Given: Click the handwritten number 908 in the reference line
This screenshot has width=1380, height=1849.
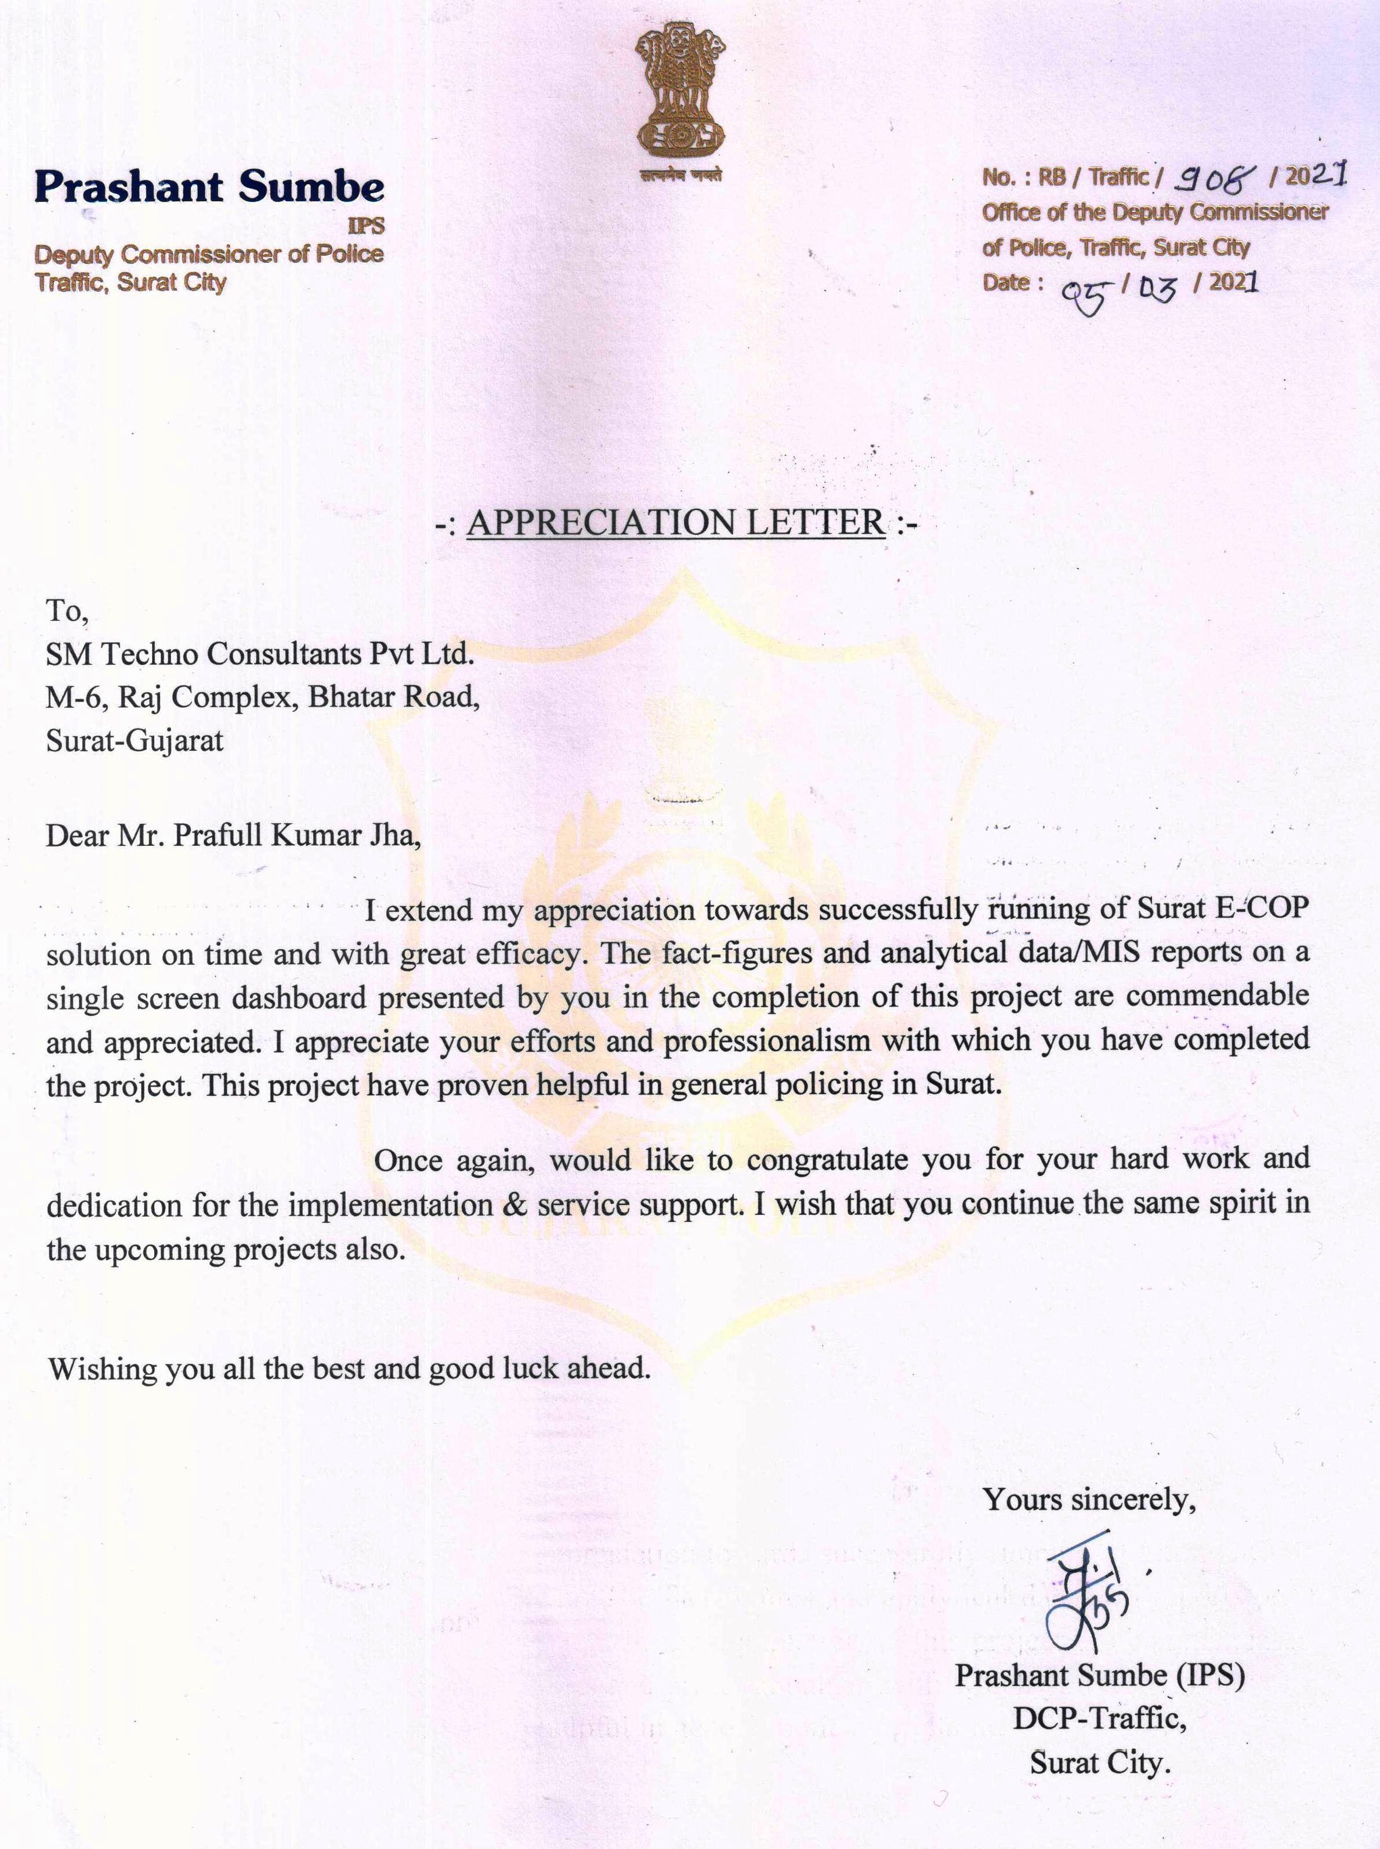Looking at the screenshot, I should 1211,176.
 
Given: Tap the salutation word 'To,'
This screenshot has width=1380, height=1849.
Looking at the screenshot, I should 66,611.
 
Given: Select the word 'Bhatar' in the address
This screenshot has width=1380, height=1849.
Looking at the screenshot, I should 352,696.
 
